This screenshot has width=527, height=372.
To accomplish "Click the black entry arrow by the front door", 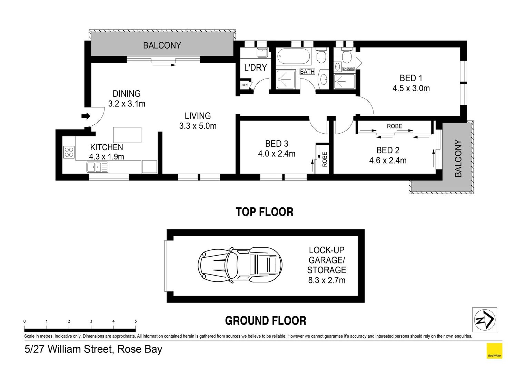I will (x=85, y=116).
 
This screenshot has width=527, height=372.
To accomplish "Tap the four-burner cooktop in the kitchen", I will (x=69, y=152).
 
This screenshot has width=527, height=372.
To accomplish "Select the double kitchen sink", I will (x=97, y=167).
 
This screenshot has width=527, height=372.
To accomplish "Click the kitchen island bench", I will (x=127, y=135).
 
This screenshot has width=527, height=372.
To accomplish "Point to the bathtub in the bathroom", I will (x=294, y=56).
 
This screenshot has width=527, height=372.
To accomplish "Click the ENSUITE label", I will (x=348, y=69).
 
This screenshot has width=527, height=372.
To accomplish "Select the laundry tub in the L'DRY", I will (x=262, y=53).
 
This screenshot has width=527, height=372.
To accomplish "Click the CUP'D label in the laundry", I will (x=245, y=85).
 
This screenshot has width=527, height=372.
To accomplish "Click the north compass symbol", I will (x=484, y=320).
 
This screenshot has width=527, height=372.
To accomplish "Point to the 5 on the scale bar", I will (x=136, y=321).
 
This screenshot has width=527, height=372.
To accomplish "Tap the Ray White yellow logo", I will (x=494, y=351).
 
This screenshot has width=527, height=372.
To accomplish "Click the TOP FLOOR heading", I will (x=264, y=212).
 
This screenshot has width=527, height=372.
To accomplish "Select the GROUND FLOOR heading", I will (x=265, y=321).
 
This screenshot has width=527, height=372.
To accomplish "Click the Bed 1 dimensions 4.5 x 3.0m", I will (x=411, y=89).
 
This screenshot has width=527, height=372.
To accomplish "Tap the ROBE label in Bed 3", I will (x=325, y=159).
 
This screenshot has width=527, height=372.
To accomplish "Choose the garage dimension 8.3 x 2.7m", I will (x=326, y=280).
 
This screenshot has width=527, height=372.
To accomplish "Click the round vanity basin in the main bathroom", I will (x=324, y=80).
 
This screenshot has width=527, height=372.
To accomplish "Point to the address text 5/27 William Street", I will (x=93, y=349).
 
